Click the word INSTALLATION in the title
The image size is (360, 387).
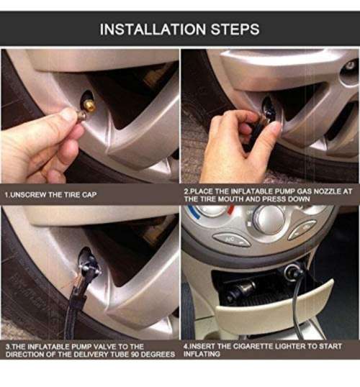(x=153, y=29)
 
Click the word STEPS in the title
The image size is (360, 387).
(x=235, y=29)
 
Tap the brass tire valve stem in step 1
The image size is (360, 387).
(x=89, y=105)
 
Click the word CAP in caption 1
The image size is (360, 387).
(x=89, y=195)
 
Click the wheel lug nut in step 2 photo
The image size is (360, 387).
(x=350, y=65)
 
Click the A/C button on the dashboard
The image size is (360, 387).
(x=232, y=240)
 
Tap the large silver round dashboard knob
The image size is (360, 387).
(x=269, y=219)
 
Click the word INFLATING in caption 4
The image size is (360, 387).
(x=202, y=354)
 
